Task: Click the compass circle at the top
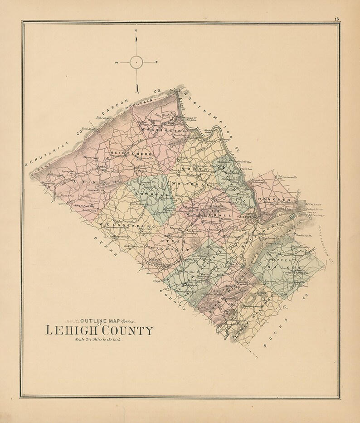pos(136,62)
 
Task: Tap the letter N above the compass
pos(136,31)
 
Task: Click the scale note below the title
pos(98,340)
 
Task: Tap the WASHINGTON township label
pos(158,130)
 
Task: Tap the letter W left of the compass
pos(117,62)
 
